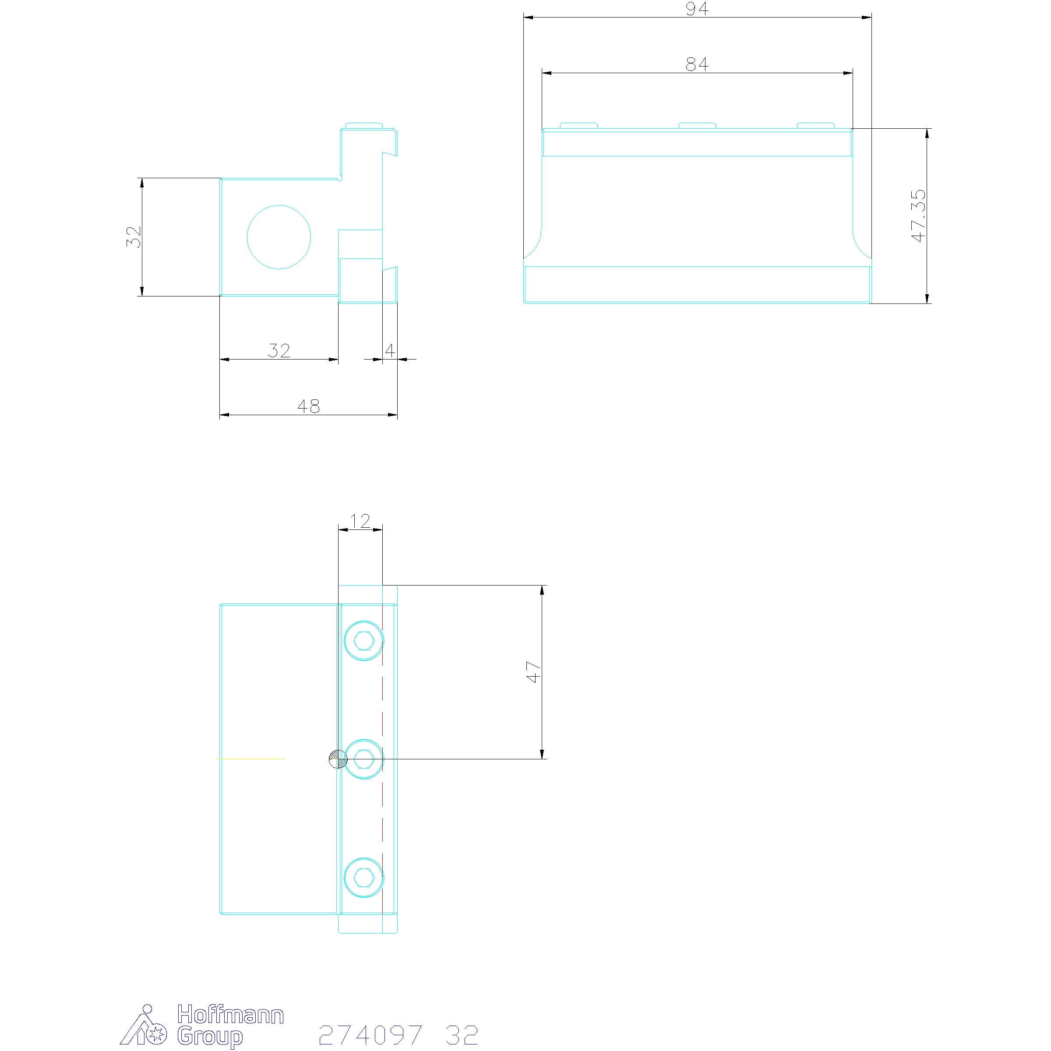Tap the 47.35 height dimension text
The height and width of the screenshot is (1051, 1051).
[x=918, y=215]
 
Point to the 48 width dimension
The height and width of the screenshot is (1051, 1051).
[x=308, y=406]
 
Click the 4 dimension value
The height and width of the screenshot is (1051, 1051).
[x=390, y=350]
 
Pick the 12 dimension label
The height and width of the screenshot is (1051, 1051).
[x=360, y=521]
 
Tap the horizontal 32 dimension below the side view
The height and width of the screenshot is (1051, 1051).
[x=279, y=350]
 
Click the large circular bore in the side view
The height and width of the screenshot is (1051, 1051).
[x=279, y=237]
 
